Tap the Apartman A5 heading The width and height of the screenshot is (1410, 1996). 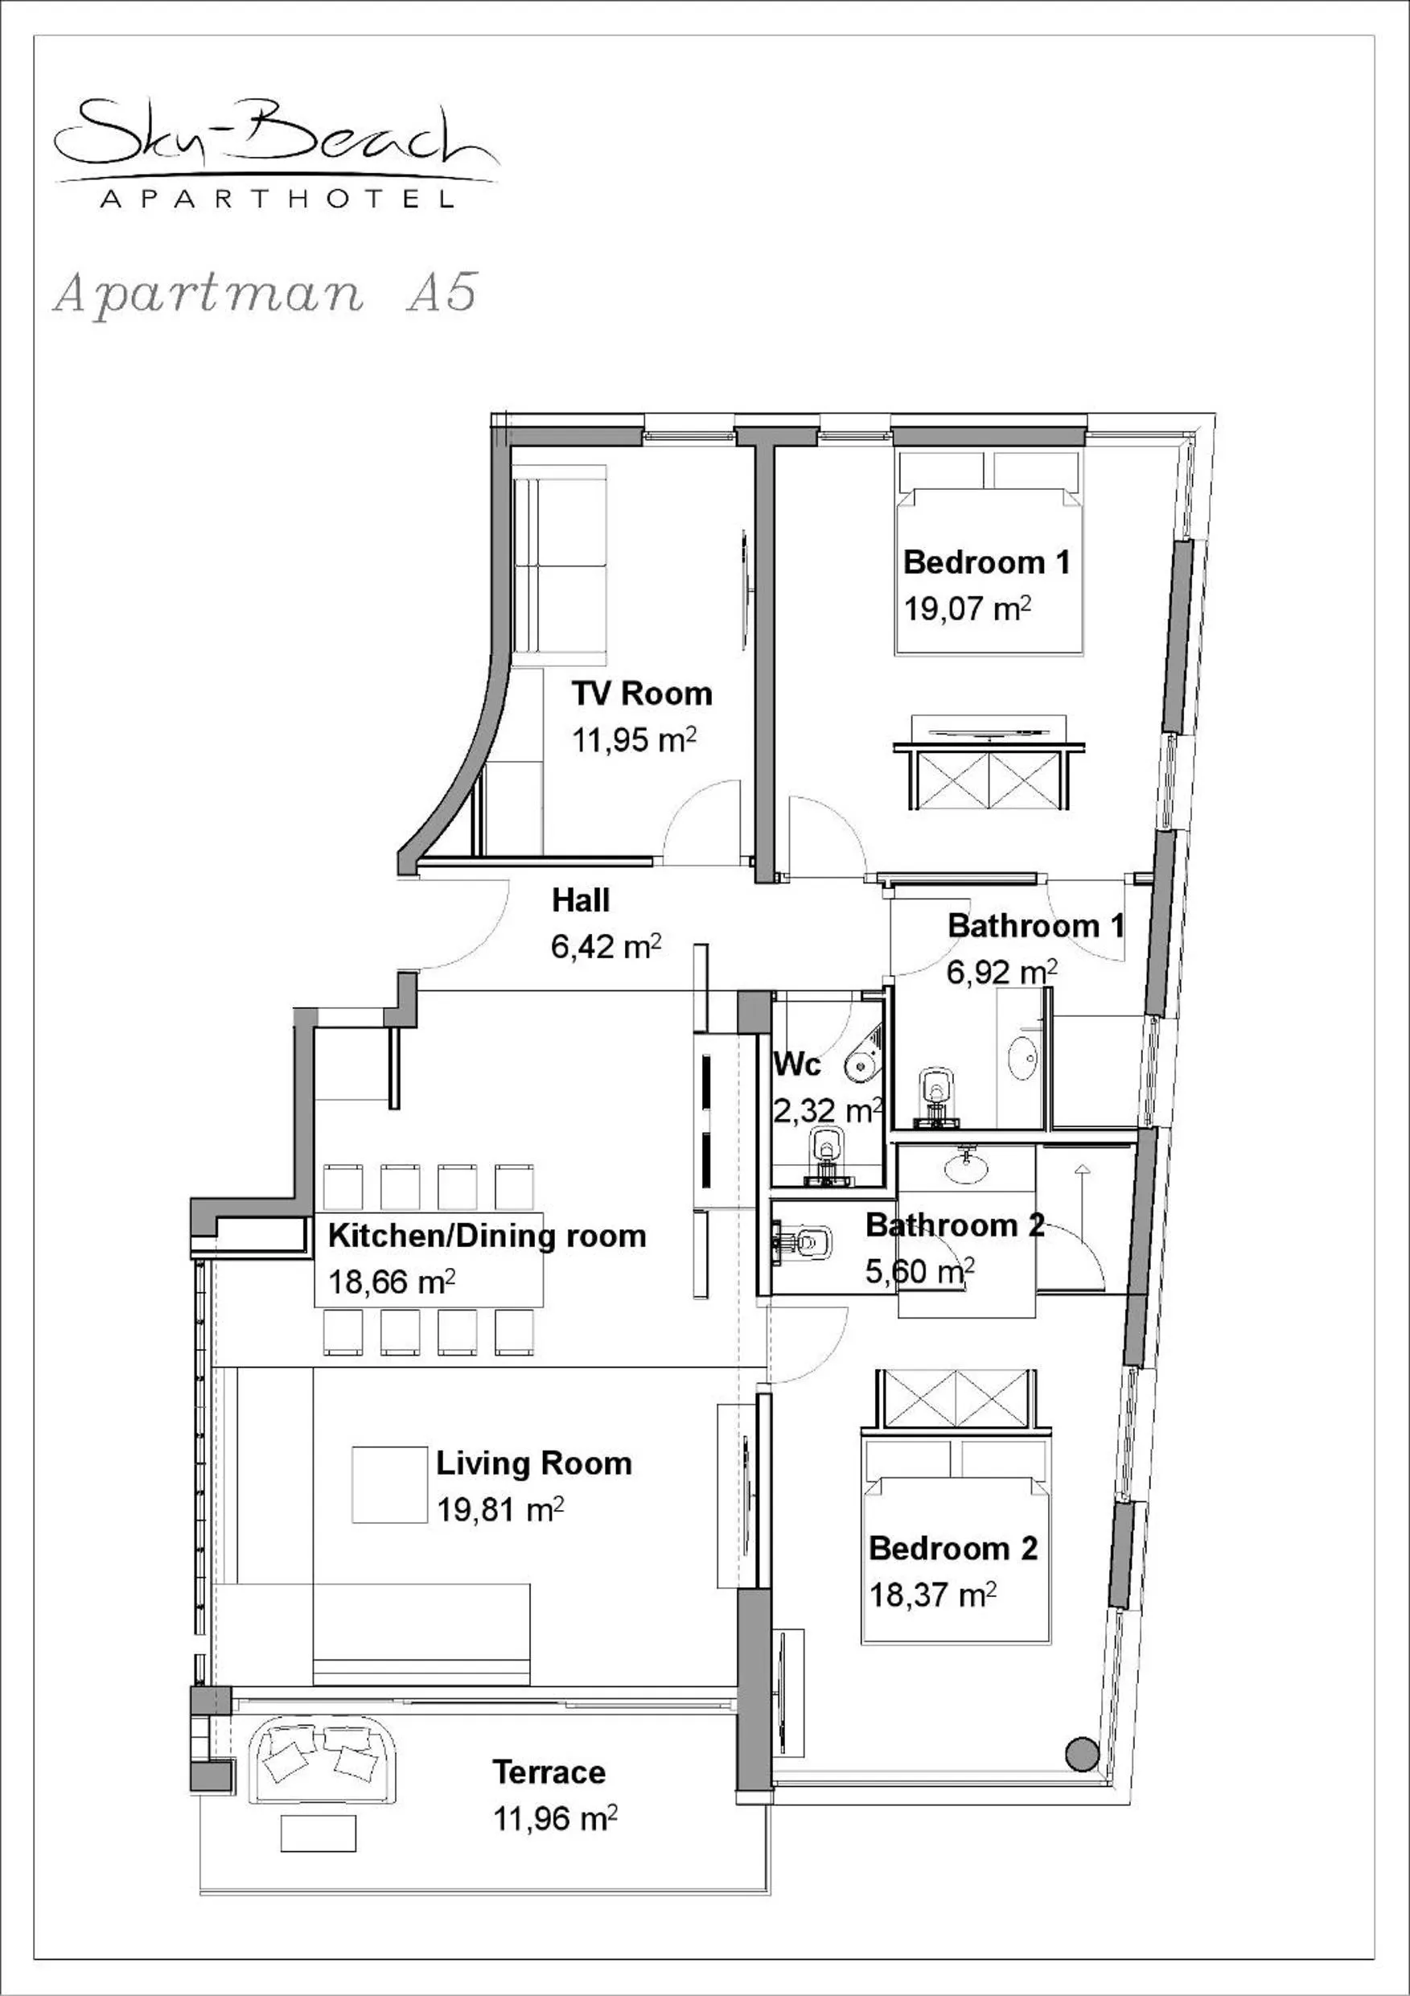point(265,293)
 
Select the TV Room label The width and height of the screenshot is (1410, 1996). point(642,693)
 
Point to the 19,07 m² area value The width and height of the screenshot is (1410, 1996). point(967,608)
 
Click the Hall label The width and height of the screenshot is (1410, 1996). point(581,900)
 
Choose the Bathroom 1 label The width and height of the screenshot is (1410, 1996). point(1035,926)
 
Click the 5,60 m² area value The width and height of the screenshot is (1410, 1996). point(919,1272)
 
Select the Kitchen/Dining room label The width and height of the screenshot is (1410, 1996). point(487,1235)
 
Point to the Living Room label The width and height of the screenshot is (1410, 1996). point(533,1463)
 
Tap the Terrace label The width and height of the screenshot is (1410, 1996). point(549,1772)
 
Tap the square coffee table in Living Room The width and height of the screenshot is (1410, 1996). point(389,1485)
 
